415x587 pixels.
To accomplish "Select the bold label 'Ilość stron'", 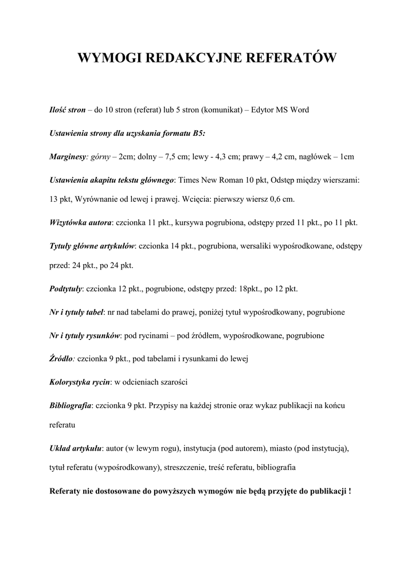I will point(67,109).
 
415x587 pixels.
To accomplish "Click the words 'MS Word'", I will point(293,109).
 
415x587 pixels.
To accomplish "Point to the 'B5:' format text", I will point(199,133).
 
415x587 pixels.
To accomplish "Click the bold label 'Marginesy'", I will point(68,156).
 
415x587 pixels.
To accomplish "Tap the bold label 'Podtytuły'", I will point(66,288).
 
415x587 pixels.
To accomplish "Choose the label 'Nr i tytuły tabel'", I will point(76,312).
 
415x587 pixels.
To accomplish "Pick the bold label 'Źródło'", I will point(61,359).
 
